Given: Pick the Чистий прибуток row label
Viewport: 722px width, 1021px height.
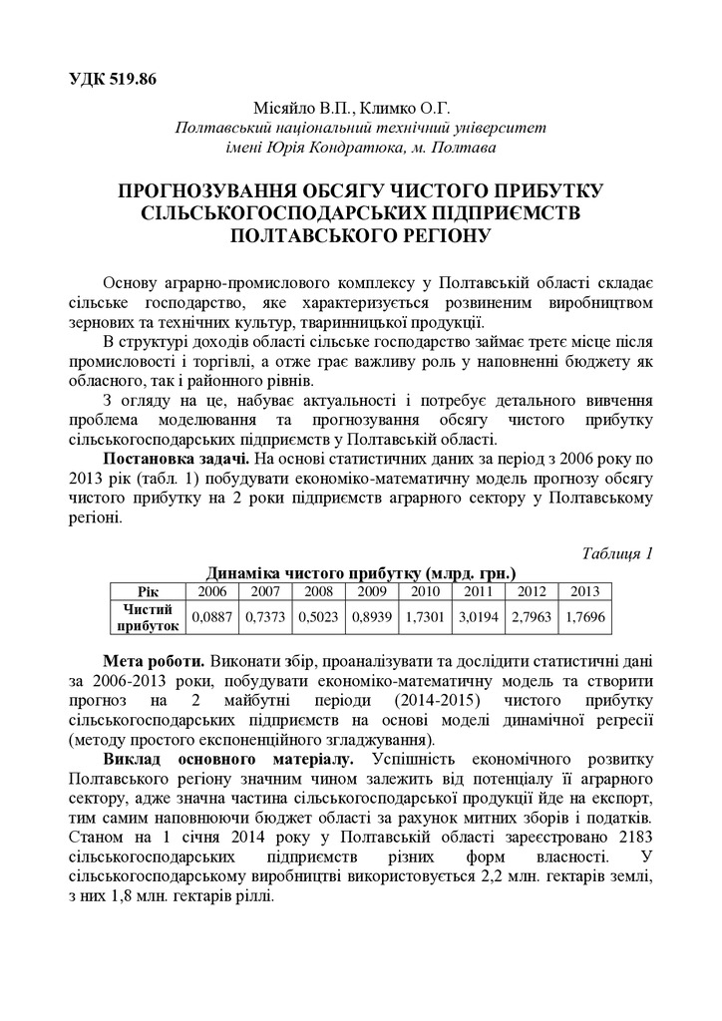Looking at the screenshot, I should (149, 616).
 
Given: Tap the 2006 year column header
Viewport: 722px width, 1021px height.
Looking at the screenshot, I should (211, 590).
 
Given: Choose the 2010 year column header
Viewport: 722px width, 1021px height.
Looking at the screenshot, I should (424, 590).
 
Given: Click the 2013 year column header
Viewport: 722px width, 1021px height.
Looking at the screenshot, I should (583, 590).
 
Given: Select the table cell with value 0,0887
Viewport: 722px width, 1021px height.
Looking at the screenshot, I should (211, 616).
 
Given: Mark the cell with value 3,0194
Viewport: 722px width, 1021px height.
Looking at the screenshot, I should (478, 616).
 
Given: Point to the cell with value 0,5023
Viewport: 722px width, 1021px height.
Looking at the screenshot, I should (318, 616).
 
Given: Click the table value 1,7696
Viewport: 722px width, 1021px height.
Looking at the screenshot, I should (583, 616).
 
